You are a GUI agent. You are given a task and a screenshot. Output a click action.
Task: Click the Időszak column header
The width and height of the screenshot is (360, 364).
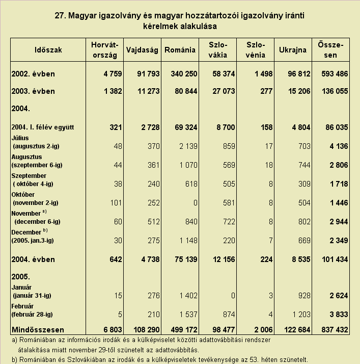pos(48,50)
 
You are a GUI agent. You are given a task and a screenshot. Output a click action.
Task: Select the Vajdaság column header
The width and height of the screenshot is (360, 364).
pos(142,50)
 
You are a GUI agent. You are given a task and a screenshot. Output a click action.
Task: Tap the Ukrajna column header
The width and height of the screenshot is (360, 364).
pos(293,50)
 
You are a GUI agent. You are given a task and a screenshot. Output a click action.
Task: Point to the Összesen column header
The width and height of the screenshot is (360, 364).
pos(330,50)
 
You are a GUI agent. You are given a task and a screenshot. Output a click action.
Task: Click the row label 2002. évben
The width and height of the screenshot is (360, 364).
pos(33,74)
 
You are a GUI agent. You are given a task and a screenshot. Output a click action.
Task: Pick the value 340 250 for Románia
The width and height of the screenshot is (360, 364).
pos(184,74)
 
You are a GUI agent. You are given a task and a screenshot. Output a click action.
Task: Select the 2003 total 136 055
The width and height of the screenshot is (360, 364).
pos(335,91)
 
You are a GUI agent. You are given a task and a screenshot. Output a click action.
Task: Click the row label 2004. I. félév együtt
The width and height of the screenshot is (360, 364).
pos(43,127)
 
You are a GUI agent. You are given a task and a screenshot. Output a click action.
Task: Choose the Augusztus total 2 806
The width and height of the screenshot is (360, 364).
pos(339,165)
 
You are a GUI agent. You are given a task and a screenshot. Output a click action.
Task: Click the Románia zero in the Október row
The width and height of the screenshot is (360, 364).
pos(195,203)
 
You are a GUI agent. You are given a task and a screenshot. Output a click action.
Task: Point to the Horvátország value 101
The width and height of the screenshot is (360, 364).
pos(116,203)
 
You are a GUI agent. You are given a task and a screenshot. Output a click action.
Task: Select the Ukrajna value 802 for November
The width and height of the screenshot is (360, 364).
pos(304,221)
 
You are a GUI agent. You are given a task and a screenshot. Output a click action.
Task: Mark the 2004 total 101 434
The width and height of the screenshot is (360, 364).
pos(335,259)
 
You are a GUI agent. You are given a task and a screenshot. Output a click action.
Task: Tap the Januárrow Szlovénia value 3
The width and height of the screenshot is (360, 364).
pos(270,296)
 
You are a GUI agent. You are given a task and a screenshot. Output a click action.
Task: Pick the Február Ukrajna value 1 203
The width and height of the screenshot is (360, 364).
pos(301,315)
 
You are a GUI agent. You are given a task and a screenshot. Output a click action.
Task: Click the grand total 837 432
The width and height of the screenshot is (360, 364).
pos(335,330)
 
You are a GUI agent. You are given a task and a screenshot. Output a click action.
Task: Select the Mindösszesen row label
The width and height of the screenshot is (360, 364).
pos(38,330)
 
